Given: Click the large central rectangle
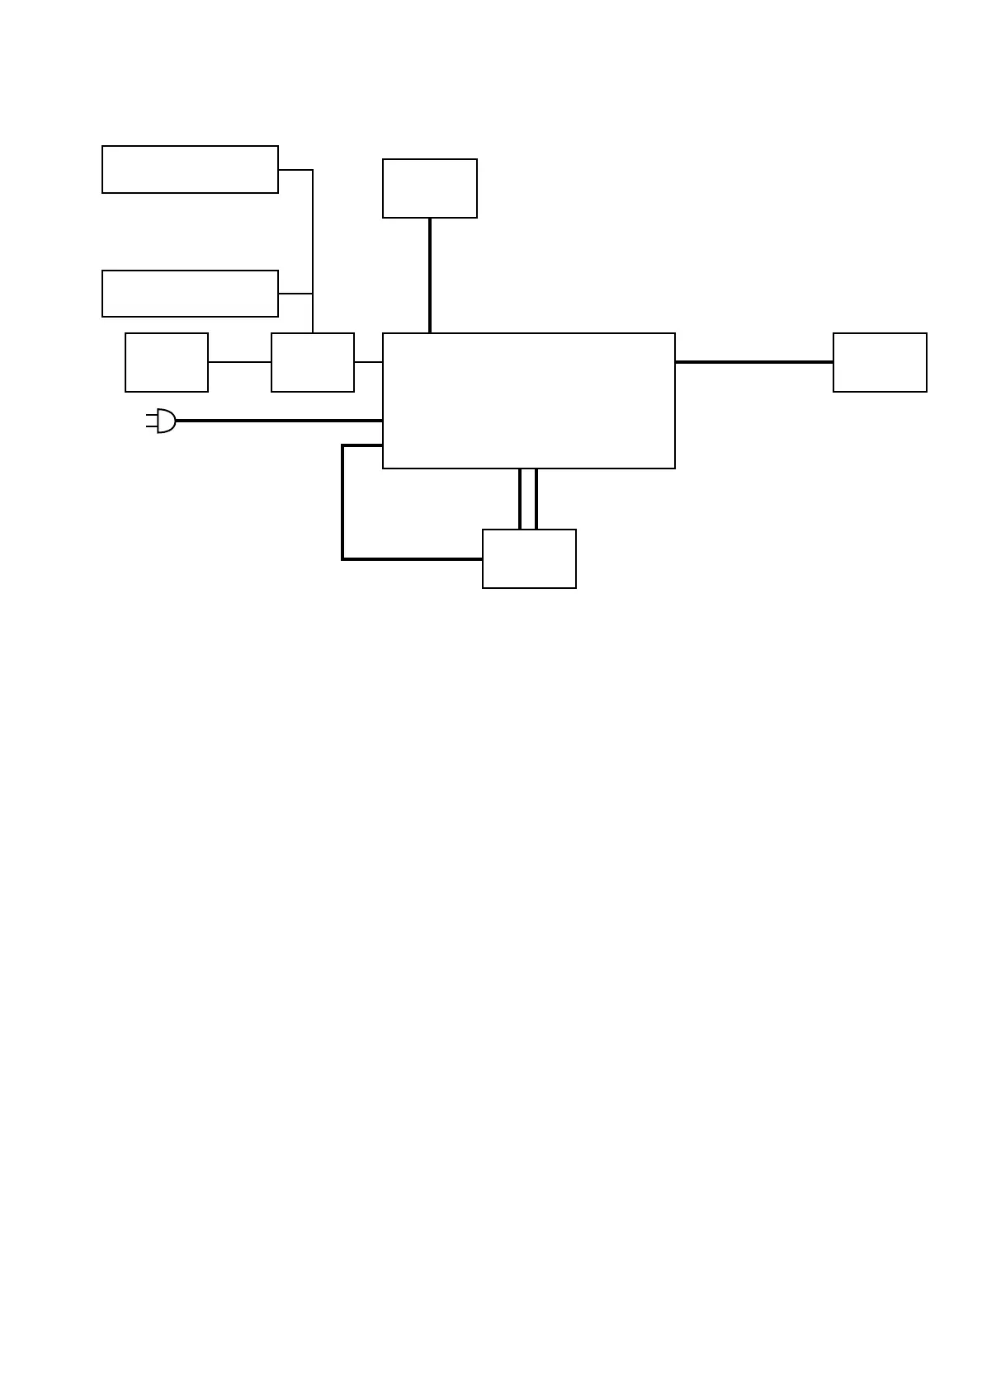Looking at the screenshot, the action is pos(528,401).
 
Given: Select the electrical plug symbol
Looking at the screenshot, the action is pos(163,421).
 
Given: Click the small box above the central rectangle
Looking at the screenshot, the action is pos(429,188).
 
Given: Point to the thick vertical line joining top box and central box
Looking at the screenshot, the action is pos(430,275).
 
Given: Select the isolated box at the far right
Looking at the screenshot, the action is pos(880,362).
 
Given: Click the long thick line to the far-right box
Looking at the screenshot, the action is pos(753,361).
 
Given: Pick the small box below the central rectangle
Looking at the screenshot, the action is pos(529,558).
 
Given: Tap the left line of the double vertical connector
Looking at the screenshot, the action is pos(520,499).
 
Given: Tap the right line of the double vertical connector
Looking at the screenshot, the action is pos(536,499).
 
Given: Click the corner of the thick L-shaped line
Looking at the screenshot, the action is pos(343,559).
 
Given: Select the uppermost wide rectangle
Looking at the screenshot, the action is pos(190,169).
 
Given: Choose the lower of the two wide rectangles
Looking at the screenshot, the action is pos(190,293).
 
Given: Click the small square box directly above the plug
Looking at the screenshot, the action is pos(167,362).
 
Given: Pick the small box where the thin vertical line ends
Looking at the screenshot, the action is pos(313,362).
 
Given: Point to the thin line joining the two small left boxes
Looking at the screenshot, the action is pos(239,362).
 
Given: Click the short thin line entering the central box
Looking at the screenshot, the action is pos(368,362).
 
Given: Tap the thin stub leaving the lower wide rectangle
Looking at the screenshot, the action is pos(295,293).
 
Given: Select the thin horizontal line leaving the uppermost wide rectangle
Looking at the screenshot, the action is pos(295,170).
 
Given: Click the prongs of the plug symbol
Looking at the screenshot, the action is pos(151,421).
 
